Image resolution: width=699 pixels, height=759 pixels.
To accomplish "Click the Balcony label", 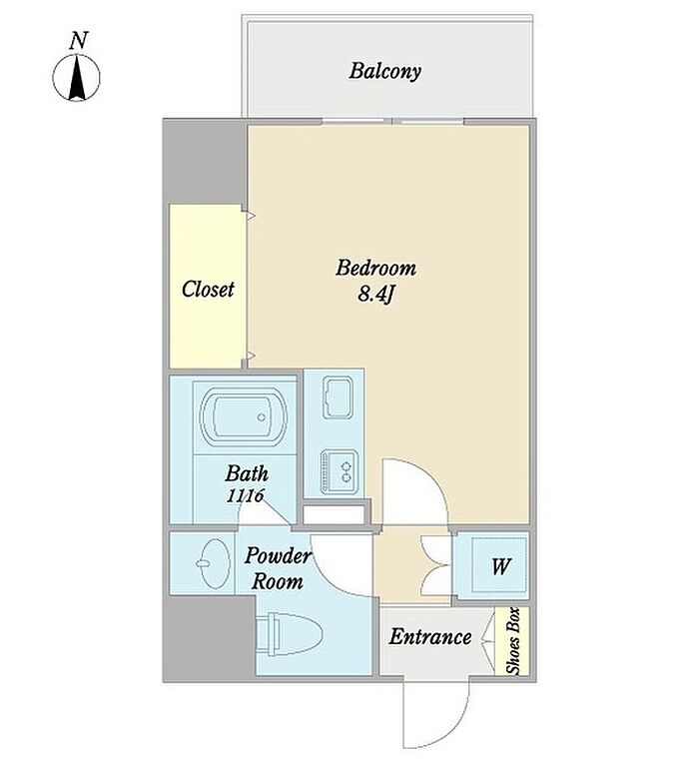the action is tap(384, 71).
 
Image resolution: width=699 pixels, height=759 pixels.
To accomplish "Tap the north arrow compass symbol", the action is tap(76, 78).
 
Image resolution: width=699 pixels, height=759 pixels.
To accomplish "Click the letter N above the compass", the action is tap(78, 40).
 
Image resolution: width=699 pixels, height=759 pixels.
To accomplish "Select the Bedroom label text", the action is tap(375, 268).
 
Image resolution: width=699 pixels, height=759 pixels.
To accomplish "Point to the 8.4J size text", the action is tap(374, 294).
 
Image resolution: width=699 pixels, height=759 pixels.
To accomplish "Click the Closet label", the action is tap(208, 289).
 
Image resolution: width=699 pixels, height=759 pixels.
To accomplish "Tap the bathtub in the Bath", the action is tap(244, 417).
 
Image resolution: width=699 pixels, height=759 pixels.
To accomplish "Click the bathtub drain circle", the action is tap(262, 417).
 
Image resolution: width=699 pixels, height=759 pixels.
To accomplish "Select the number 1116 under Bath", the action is tap(246, 495).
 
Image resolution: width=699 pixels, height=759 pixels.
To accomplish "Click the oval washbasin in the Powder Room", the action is tap(214, 563).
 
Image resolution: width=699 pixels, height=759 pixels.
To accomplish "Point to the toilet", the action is tap(290, 634).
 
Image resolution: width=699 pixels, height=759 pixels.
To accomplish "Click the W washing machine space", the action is tap(499, 566).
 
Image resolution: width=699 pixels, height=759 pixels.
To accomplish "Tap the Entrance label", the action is tap(429, 636).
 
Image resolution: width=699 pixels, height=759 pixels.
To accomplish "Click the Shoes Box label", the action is tap(513, 641).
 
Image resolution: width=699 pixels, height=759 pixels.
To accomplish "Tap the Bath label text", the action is tap(247, 473).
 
